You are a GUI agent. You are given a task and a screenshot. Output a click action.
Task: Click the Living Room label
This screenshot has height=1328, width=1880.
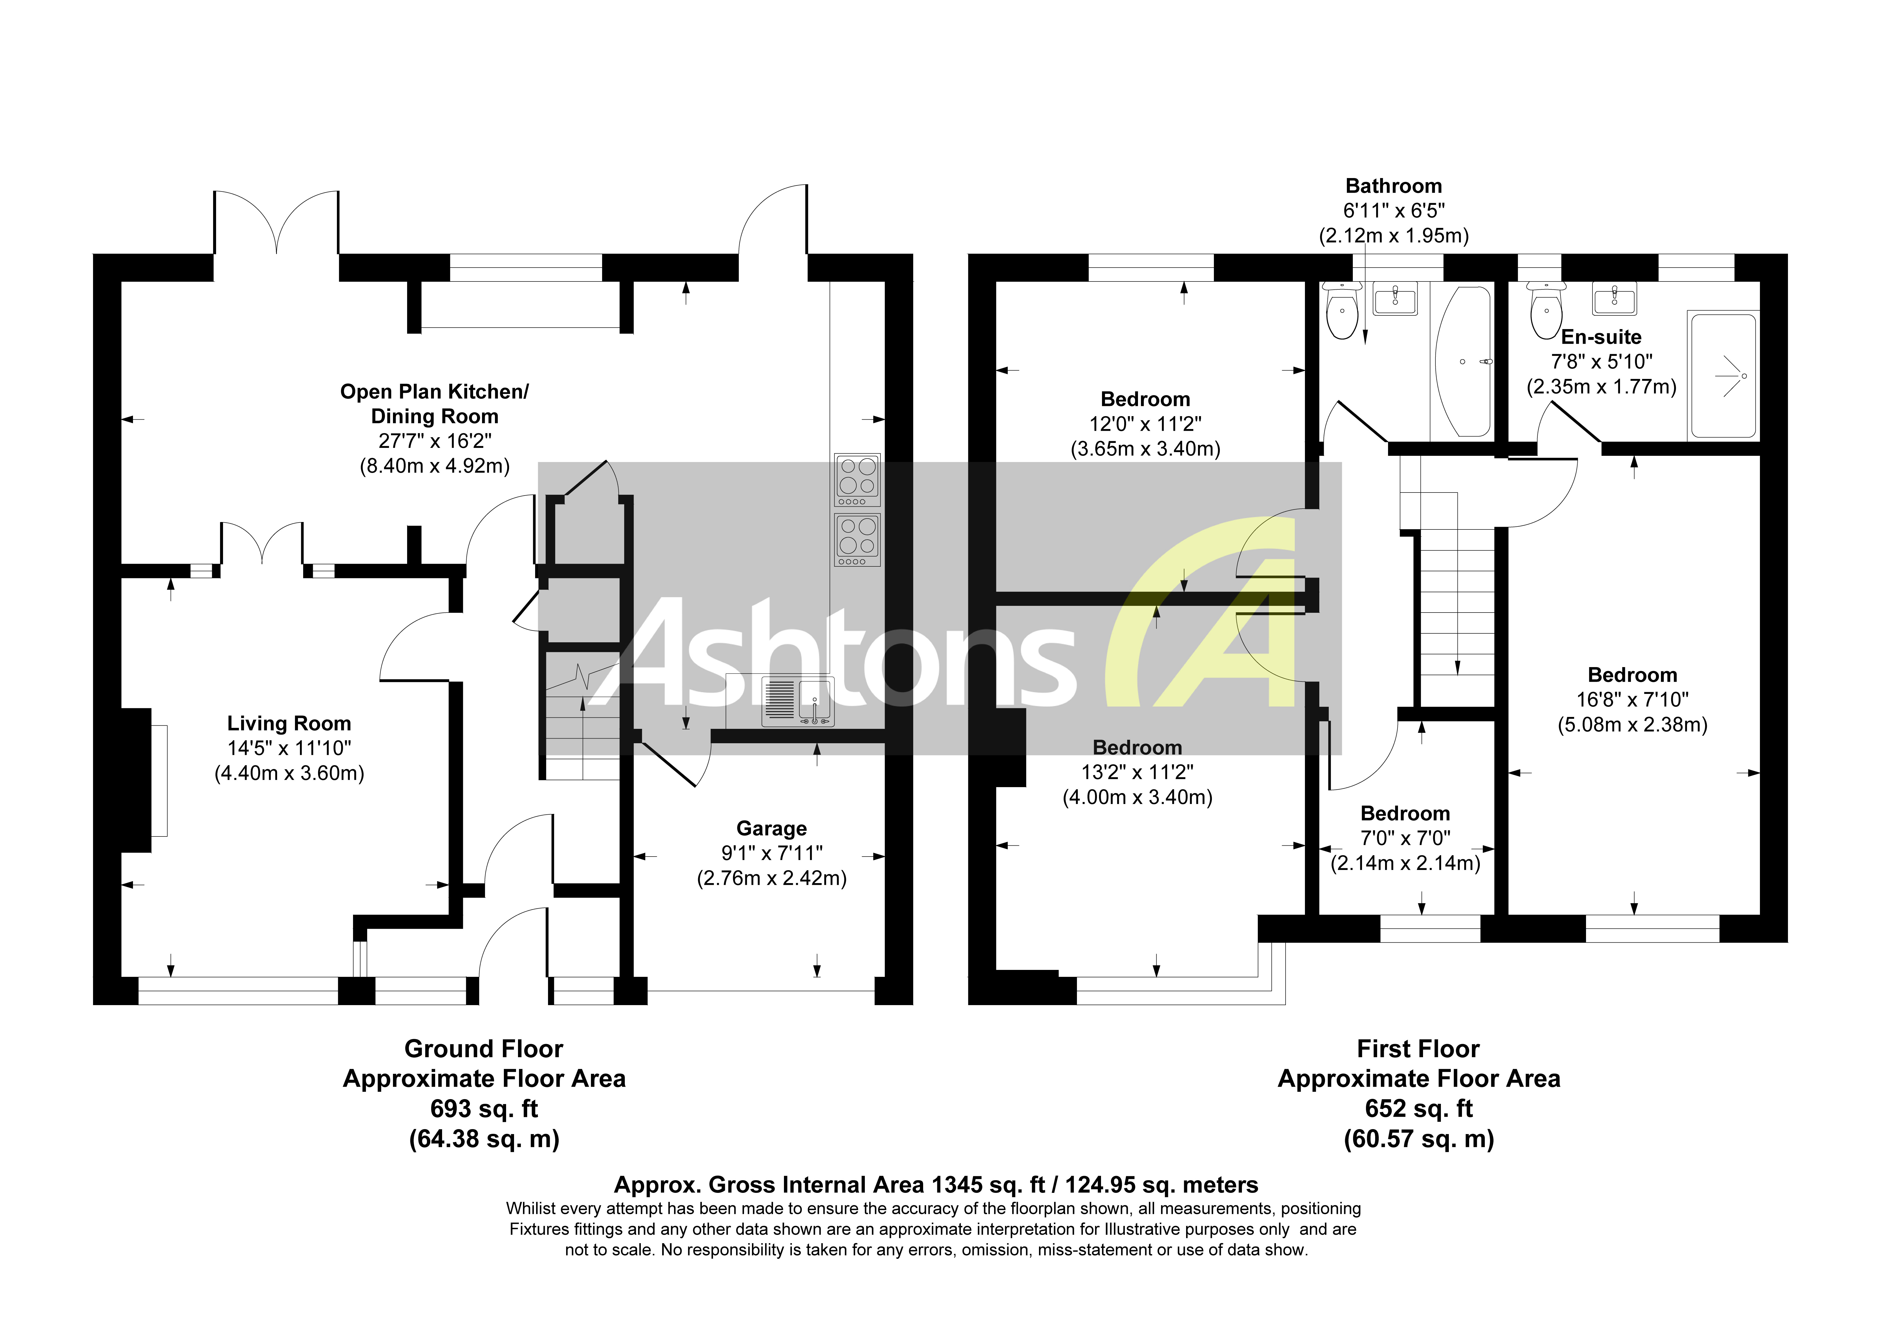pos(289,724)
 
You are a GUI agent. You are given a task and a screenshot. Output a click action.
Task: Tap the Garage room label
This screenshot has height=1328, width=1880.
pos(771,829)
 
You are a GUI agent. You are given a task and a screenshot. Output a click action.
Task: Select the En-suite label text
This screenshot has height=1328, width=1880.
pos(1601,337)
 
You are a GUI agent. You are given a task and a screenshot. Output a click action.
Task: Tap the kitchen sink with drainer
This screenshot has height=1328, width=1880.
pos(798,702)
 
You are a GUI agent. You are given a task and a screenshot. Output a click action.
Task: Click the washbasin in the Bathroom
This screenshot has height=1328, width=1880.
pos(1394,299)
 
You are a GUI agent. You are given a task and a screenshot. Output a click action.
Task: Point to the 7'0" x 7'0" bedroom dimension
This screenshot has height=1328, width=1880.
pos(1405,838)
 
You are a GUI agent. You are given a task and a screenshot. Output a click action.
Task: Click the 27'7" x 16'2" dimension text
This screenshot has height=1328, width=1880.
pos(435,441)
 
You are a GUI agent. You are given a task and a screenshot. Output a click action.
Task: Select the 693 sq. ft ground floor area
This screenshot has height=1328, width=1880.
pos(484,1109)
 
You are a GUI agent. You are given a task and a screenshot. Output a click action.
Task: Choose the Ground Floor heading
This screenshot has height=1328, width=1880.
pos(484,1049)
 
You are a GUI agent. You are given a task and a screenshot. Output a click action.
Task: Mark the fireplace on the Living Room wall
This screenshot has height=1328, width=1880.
pos(137,780)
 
